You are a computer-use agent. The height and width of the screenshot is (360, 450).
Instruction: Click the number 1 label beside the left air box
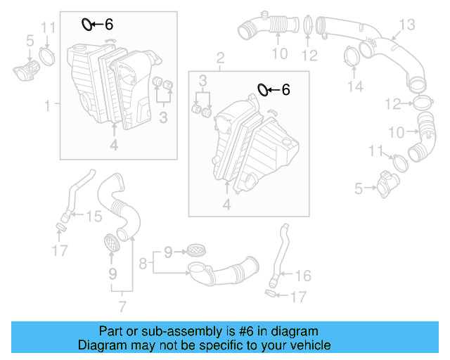pos(48,105)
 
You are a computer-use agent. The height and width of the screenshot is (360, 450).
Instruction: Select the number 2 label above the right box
pos(220,56)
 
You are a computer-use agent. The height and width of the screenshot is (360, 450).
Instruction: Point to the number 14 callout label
pos(356,86)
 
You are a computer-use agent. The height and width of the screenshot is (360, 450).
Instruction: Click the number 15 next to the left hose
pos(94,217)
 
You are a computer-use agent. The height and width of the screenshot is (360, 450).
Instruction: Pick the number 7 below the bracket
pos(122,306)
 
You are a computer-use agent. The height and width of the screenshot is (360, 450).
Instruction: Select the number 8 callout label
pos(143,264)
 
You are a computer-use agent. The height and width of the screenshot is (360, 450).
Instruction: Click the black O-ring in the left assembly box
pos(86,25)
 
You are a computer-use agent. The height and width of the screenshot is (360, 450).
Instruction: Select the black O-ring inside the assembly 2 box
pos(262,89)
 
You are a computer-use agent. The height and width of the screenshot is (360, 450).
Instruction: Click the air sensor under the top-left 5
pos(26,72)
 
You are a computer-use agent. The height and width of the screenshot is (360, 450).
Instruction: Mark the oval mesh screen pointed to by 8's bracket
pos(193,249)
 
